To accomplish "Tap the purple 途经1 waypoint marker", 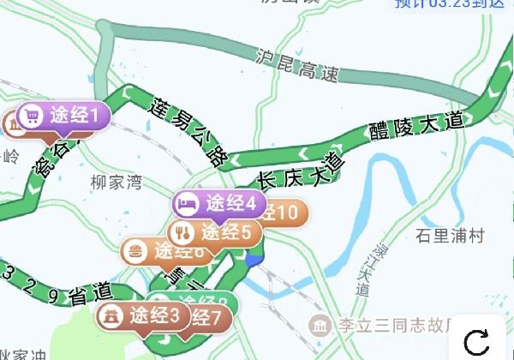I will tap(63, 115).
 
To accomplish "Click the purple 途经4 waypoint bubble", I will tap(218, 204).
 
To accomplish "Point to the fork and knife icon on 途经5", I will tap(181, 232).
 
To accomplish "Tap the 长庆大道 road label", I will tap(301, 172).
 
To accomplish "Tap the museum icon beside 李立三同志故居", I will tap(320, 327).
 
